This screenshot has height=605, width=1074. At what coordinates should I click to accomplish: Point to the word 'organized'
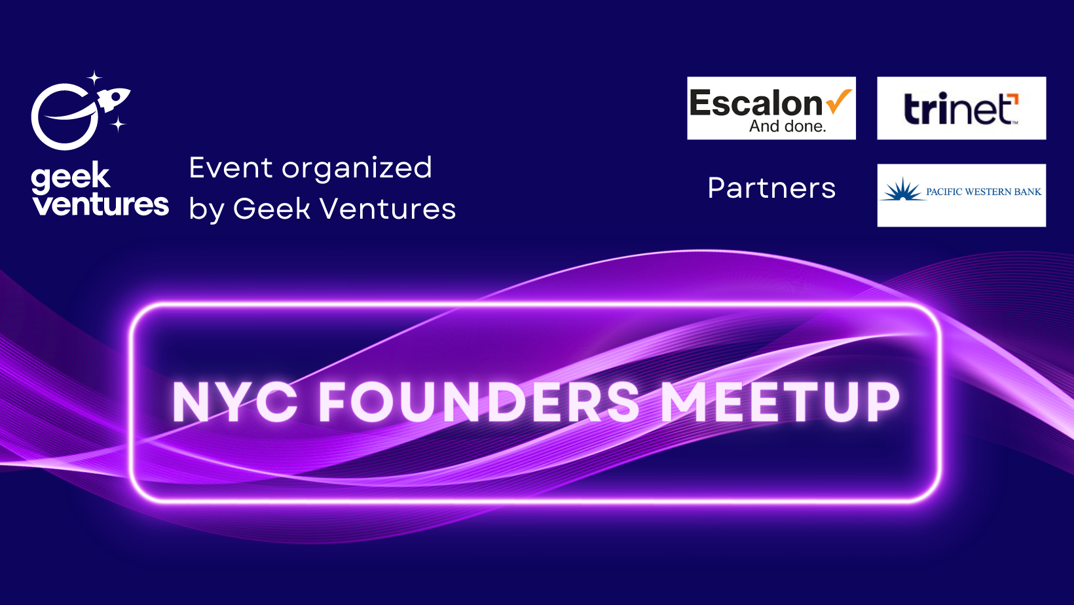coord(357,170)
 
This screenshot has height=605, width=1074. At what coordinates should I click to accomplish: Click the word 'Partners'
coord(771,188)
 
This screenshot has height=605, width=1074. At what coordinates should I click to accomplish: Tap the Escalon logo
coord(771,108)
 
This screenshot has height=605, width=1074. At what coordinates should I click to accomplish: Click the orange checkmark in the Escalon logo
coord(839,101)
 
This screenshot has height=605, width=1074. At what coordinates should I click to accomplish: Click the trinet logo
coord(961,108)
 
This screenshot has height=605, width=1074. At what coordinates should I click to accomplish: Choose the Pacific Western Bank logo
coord(961,195)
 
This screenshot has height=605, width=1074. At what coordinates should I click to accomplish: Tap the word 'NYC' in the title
coord(234,402)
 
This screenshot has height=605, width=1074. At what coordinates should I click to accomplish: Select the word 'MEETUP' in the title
coord(780,402)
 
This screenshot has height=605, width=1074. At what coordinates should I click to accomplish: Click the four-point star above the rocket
coord(94,78)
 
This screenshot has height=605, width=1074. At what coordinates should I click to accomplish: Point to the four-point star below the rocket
coord(118,124)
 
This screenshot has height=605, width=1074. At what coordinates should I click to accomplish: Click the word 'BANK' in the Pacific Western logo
coord(1027,192)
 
